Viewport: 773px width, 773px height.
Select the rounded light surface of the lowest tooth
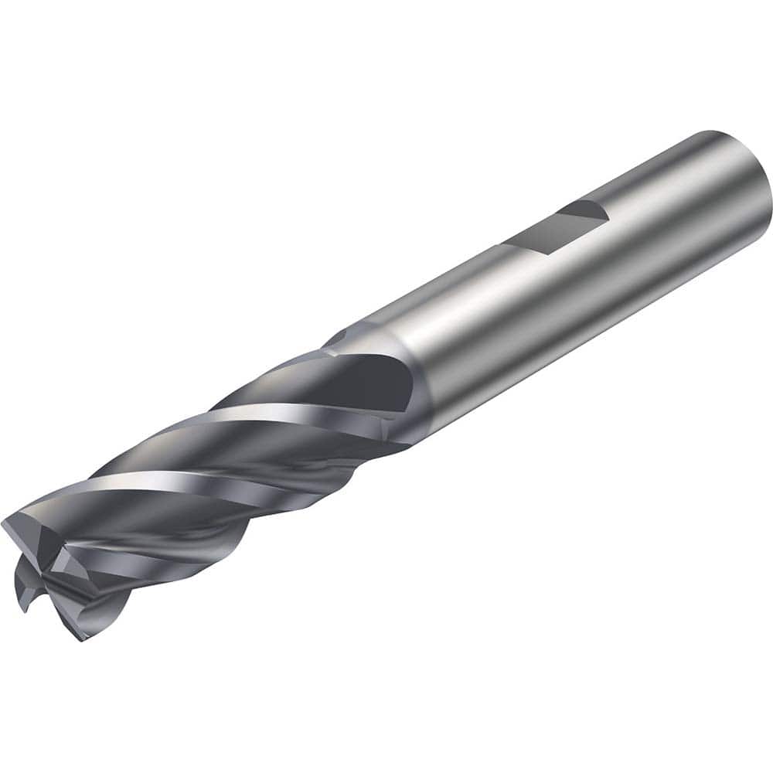pyautogui.click(x=100, y=611)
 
